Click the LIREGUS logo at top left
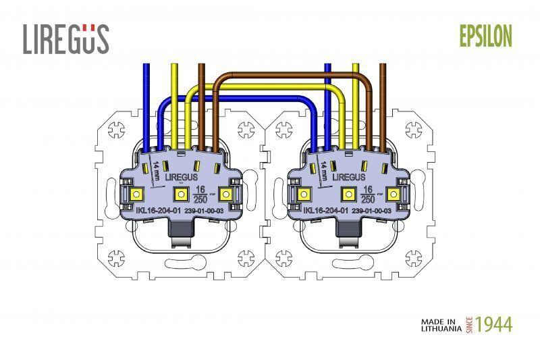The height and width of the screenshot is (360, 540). pos(66,39)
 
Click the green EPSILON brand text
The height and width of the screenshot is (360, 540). pos(486,36)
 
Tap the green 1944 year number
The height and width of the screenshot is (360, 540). pos(494,324)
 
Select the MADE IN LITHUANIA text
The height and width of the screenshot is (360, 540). pos(441,325)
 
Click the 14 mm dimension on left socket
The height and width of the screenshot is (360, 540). pos(156,170)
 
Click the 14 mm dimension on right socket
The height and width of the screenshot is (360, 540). pos(323,170)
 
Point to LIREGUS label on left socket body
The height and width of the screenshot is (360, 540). pos(182,178)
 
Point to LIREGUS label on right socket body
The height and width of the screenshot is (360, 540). pos(348,178)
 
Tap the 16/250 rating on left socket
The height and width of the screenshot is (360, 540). pos(200,195)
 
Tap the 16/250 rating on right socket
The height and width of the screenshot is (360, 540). pos(368,195)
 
